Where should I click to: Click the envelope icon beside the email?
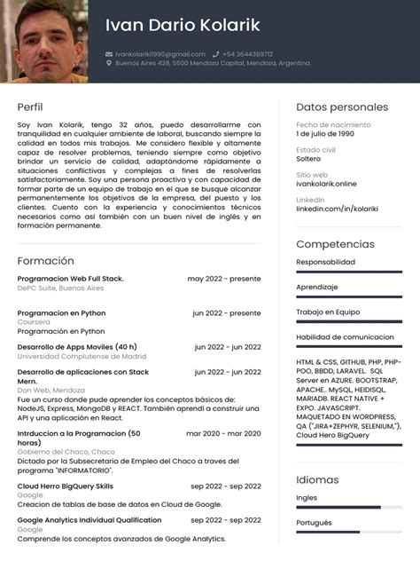click(x=109, y=54)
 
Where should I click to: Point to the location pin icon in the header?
click(x=109, y=64)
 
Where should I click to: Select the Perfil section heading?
click(x=30, y=107)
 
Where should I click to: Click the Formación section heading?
click(x=45, y=261)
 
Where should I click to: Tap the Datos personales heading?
click(x=342, y=107)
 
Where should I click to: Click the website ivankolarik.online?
click(x=326, y=184)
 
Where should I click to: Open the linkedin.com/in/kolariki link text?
click(x=336, y=209)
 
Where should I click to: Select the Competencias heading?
click(x=335, y=243)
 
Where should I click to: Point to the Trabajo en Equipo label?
click(x=328, y=312)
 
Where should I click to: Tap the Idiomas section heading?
click(x=317, y=479)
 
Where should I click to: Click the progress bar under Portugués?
click(x=349, y=531)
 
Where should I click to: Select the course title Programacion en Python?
click(x=61, y=312)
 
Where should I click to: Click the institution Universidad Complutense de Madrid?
click(x=82, y=356)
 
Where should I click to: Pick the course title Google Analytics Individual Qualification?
click(x=89, y=520)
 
